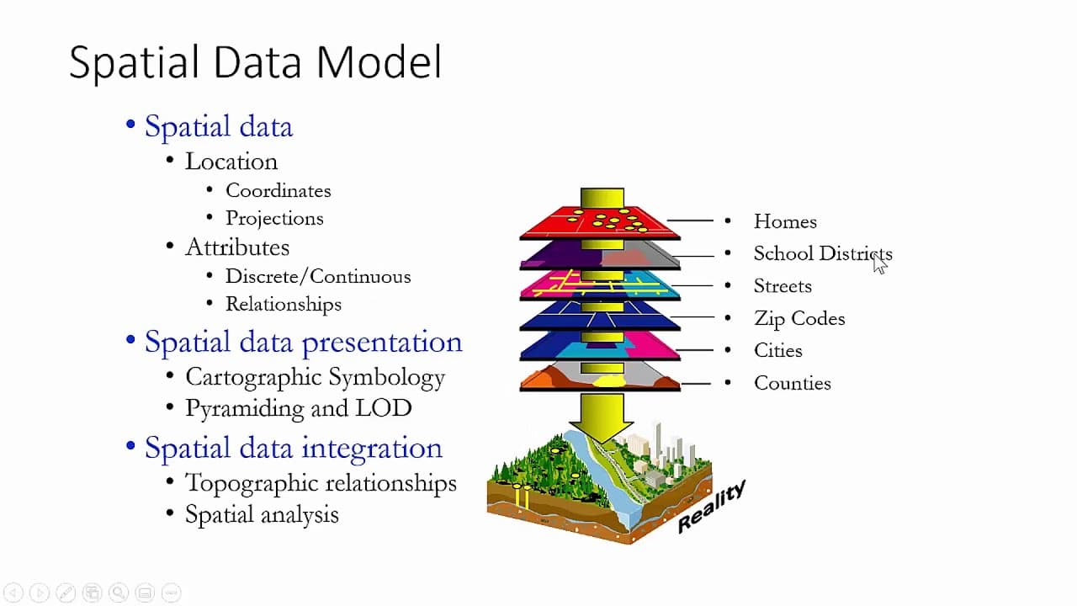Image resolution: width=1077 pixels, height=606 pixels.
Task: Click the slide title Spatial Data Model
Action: pos(255,63)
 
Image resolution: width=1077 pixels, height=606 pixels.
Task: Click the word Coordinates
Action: pos(278,191)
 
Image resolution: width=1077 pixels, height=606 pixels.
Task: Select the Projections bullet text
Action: pos(274,219)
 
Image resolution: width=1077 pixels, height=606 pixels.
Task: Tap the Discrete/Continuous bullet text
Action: pos(318,277)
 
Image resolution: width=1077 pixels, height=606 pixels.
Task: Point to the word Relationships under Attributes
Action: pos(283,305)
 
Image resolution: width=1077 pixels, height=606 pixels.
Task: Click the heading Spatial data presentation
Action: pos(303,343)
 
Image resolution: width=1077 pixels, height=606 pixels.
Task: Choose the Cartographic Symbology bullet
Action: pos(315,378)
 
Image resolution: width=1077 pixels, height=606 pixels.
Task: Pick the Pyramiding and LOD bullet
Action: pos(298,409)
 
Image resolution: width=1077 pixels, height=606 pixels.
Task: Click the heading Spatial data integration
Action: pos(293,448)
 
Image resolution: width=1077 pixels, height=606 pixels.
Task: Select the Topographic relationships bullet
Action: pos(321,484)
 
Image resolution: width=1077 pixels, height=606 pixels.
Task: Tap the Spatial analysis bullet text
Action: pos(262,515)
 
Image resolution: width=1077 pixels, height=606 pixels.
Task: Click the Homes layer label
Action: pos(785,222)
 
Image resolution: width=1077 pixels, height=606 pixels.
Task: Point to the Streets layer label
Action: pos(783,287)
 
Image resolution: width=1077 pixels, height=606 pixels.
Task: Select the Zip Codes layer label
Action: pos(799,319)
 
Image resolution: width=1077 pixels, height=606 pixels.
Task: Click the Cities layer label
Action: pos(778,351)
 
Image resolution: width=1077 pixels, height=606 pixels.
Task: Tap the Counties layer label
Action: pos(793,384)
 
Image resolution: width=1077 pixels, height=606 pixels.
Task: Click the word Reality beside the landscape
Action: pos(712,506)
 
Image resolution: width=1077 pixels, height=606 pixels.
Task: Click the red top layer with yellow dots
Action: pos(555,223)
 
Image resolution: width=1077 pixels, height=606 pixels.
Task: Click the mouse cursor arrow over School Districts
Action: pos(879,263)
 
